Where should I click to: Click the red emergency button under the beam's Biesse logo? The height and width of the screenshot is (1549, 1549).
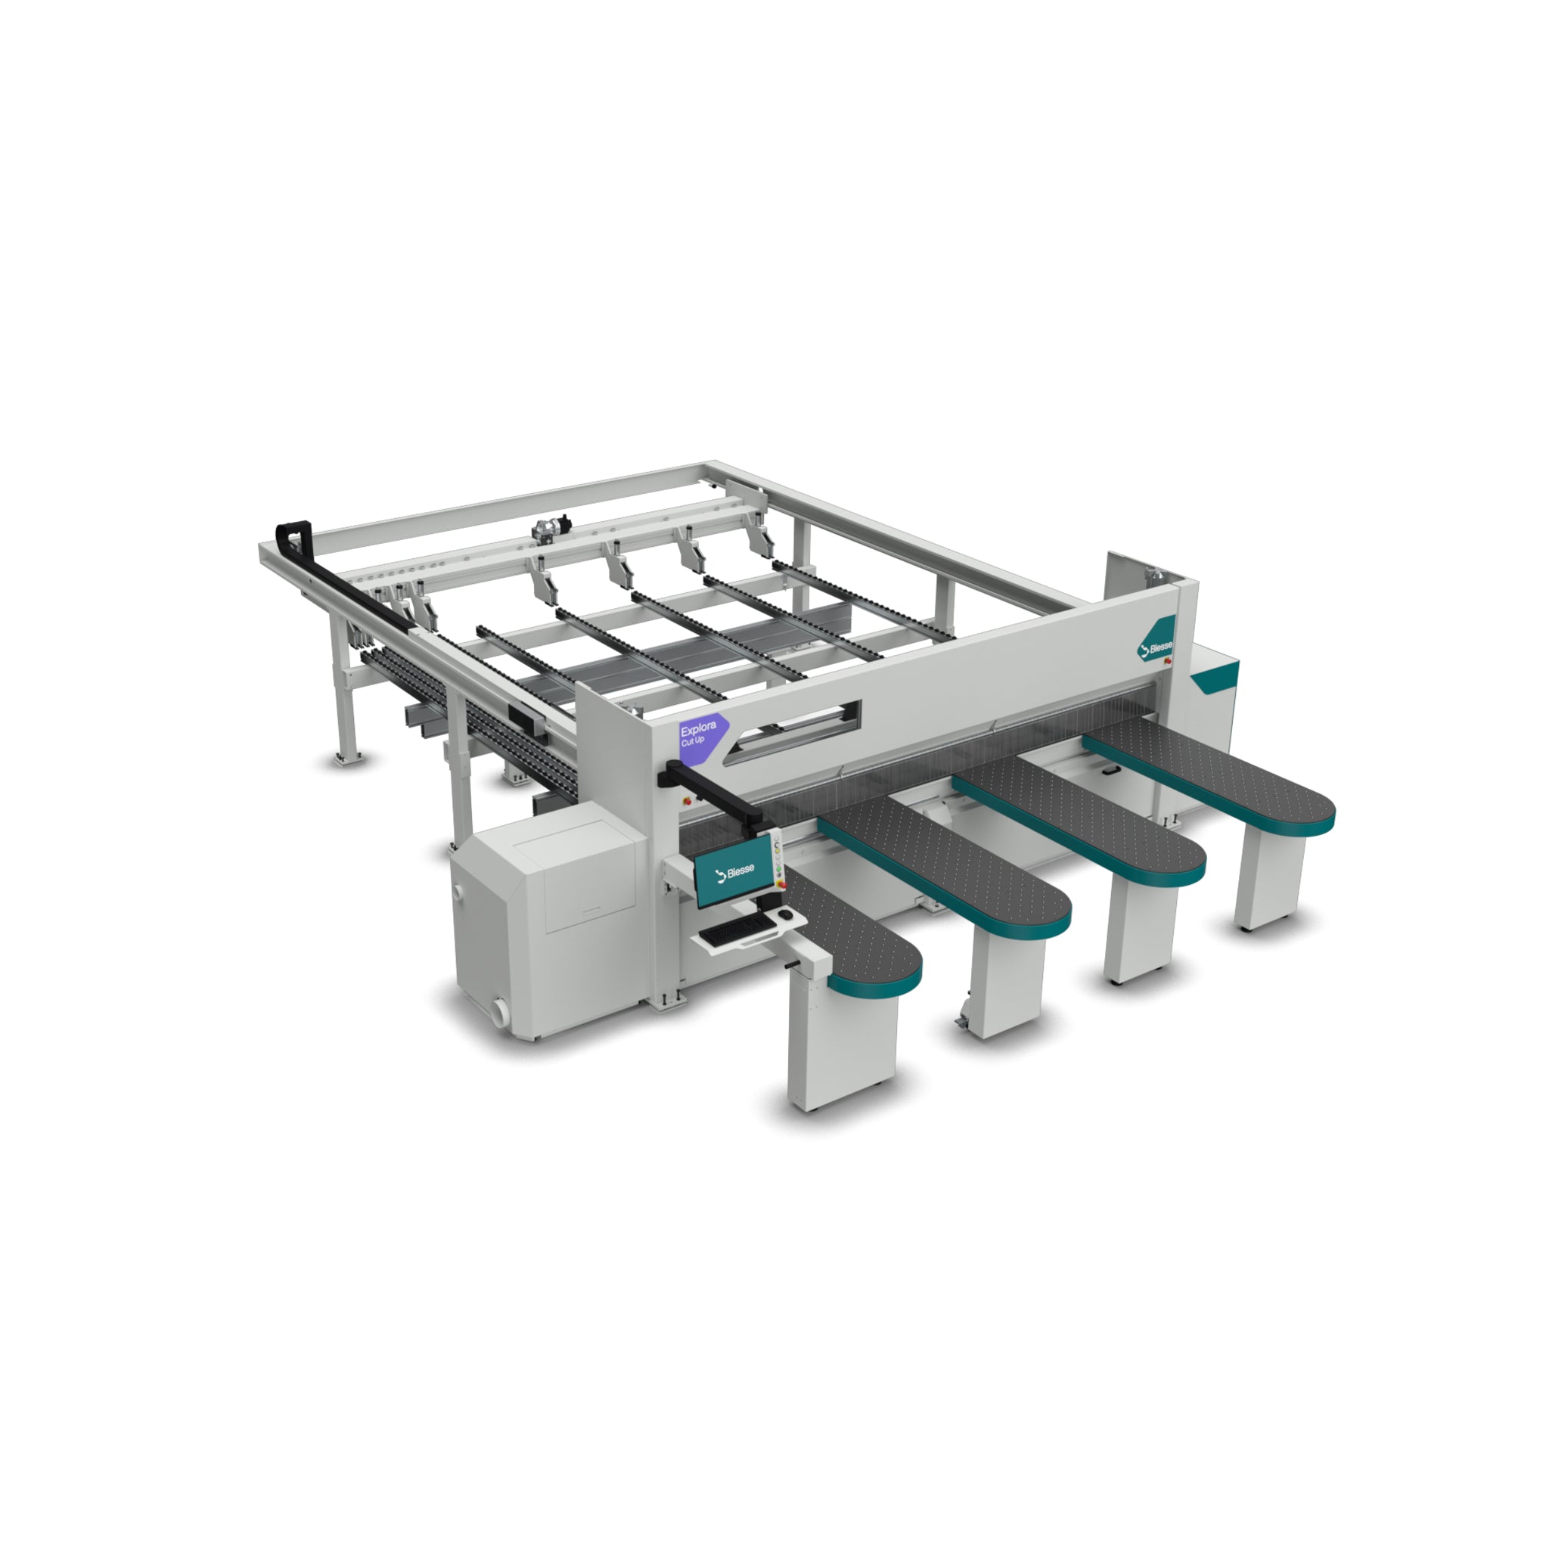pyautogui.click(x=1166, y=660)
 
